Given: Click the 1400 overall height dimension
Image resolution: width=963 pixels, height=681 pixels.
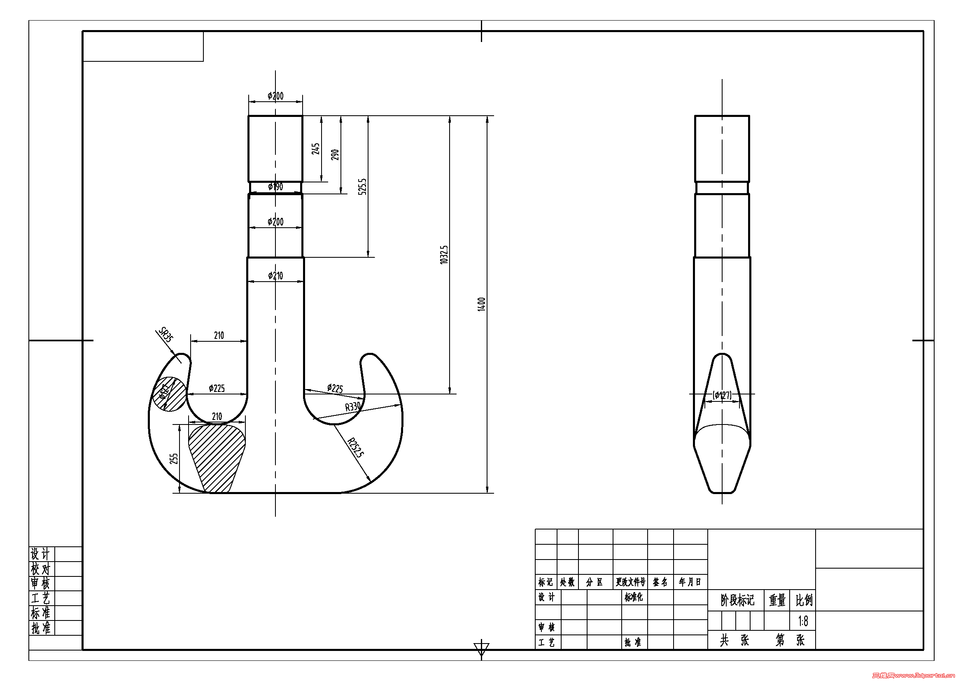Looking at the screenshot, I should (482, 304).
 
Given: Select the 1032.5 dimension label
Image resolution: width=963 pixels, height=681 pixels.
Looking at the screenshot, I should (444, 254).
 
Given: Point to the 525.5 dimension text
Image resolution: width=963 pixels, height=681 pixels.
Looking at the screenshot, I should (362, 186).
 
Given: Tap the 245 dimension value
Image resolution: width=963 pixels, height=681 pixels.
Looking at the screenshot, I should (315, 149).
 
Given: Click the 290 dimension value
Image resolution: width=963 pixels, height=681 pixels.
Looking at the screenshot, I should (335, 155).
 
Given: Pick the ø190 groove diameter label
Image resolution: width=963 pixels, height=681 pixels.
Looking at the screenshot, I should (275, 187).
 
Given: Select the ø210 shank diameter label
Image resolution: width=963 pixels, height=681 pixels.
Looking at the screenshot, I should (275, 276).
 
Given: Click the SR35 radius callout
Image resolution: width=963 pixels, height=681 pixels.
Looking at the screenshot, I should (166, 335).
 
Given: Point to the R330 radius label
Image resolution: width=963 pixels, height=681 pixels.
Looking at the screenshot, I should (353, 406).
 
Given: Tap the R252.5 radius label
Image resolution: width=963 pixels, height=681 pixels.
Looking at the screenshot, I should (356, 448).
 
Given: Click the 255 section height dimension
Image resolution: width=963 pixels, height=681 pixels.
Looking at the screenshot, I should (174, 459).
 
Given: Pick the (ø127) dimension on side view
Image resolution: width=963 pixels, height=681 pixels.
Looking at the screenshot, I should (722, 395).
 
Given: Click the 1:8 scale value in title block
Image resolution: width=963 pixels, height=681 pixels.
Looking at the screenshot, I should (803, 621).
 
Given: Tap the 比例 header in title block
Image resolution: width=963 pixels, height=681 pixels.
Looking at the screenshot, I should (804, 600).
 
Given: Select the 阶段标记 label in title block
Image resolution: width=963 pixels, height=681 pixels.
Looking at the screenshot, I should (737, 600).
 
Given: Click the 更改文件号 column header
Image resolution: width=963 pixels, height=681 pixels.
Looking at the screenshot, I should (630, 582).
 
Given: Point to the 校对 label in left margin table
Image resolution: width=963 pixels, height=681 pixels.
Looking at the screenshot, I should (40, 569).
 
